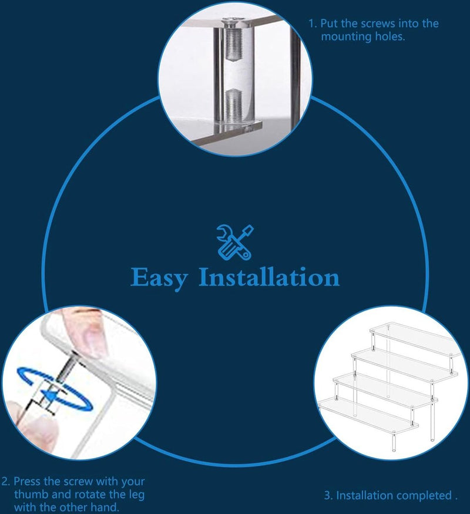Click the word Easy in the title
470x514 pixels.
(x=159, y=278)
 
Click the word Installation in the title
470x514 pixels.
(x=269, y=277)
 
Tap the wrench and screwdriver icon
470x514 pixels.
(x=235, y=243)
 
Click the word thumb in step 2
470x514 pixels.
(x=31, y=494)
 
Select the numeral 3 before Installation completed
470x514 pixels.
(x=327, y=495)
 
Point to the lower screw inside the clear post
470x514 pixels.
(x=234, y=105)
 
